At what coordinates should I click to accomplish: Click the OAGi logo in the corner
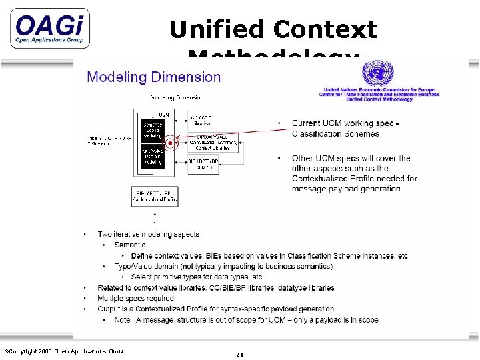50,29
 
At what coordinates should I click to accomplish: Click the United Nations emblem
377,73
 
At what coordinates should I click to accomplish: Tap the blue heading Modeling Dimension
154,77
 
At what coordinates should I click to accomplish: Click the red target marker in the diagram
171,143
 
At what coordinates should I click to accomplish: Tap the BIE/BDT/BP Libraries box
203,164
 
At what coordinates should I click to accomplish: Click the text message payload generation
346,189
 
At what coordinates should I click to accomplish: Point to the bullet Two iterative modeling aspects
148,235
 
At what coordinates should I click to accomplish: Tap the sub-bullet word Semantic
129,245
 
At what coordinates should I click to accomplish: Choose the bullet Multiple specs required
135,299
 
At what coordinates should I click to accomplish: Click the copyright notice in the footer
65,351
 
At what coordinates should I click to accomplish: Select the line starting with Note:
246,320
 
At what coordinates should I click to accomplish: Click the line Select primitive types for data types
196,277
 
